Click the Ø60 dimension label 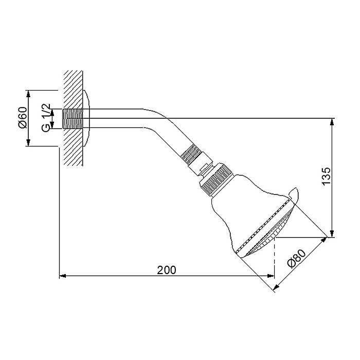(23, 118)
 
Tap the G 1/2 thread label (46, 118)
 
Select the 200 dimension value (167, 270)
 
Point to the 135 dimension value (326, 176)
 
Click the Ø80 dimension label (297, 259)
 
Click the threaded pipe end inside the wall (73, 118)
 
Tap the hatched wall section (73, 118)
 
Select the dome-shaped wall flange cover (86, 118)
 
